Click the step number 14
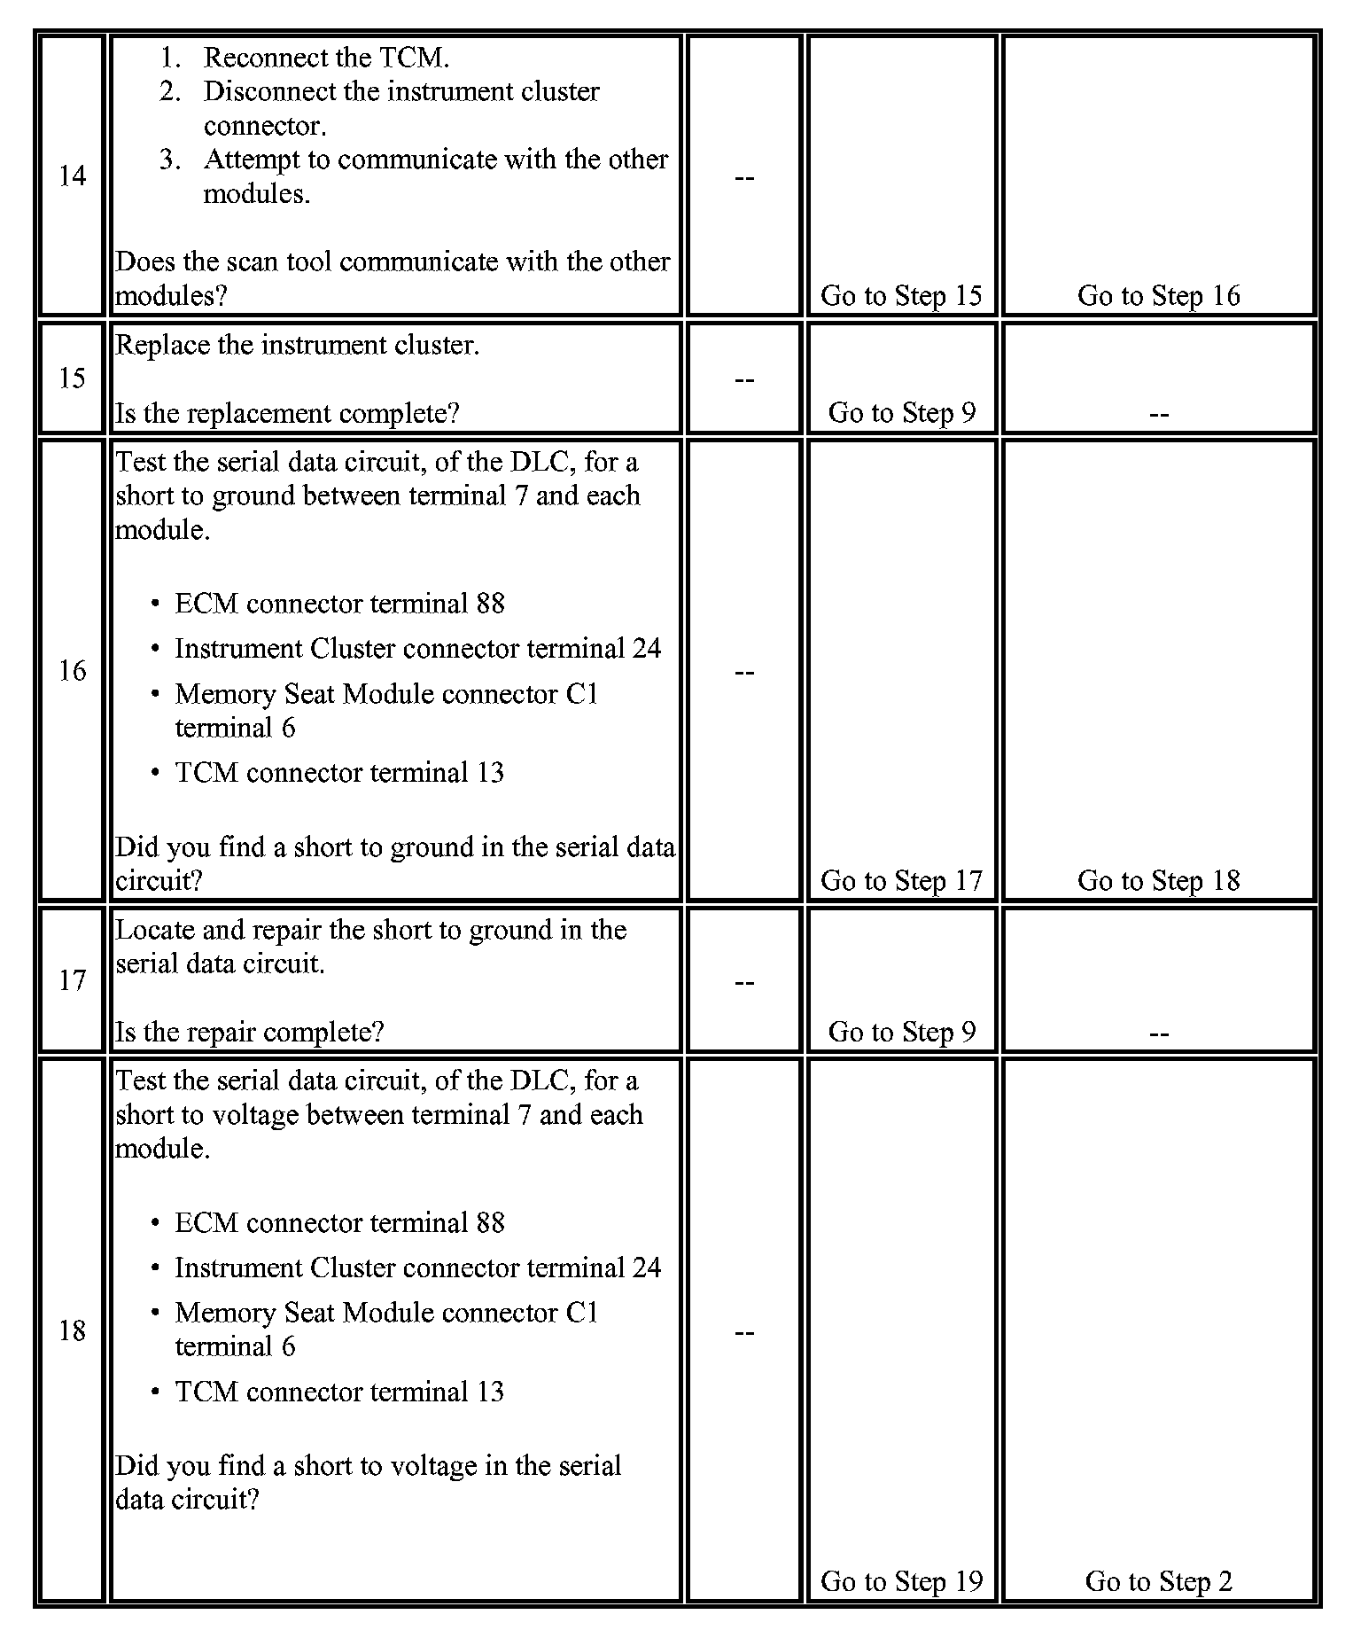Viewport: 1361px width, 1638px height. click(x=72, y=176)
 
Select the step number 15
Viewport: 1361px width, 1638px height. click(x=72, y=378)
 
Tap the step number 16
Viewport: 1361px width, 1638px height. click(x=72, y=671)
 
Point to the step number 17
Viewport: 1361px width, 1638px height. click(x=72, y=980)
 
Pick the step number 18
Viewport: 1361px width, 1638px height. click(x=72, y=1331)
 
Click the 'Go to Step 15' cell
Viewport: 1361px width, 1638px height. click(x=901, y=296)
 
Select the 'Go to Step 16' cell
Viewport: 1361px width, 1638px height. click(x=1158, y=296)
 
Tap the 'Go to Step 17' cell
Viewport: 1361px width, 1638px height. click(x=901, y=881)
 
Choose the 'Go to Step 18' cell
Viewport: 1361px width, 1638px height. click(x=1158, y=881)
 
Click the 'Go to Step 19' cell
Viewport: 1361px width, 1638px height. click(x=901, y=1582)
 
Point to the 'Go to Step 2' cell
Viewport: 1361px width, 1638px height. click(x=1158, y=1582)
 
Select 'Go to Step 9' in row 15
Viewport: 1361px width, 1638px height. click(x=901, y=413)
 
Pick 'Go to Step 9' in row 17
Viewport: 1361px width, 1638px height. click(x=901, y=1033)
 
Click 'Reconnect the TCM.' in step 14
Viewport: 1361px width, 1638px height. click(x=326, y=58)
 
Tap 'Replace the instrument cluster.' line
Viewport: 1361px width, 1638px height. click(x=298, y=345)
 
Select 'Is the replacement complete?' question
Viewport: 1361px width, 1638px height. click(x=287, y=414)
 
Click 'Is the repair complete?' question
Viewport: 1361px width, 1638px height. click(x=250, y=1033)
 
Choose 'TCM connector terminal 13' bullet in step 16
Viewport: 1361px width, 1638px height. click(x=339, y=773)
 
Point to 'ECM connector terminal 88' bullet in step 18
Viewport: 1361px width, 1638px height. click(x=339, y=1223)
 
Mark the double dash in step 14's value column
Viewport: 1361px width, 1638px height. click(x=744, y=177)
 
